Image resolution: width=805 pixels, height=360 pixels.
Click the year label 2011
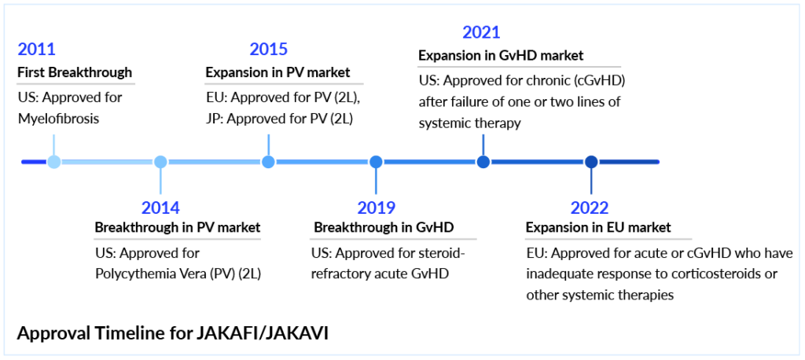pos(36,50)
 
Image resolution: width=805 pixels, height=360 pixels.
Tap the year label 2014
pos(160,208)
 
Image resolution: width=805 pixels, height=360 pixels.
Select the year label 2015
pos(269,50)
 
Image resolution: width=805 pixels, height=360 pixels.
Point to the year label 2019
pos(377,208)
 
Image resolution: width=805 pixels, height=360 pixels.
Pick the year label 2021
pos(481,33)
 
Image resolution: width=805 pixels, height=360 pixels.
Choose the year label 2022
pos(590,208)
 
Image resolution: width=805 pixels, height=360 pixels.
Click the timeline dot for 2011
pos(54,162)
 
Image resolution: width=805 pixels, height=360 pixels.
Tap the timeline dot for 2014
pos(160,162)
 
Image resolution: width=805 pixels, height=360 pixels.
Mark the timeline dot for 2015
pos(269,162)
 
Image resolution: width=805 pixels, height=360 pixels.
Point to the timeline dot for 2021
pos(483,162)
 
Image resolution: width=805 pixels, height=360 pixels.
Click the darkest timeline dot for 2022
pos(591,162)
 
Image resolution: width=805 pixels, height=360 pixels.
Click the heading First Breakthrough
pos(75,72)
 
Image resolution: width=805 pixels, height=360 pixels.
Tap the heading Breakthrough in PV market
pos(178,227)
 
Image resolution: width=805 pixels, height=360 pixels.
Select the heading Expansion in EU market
pos(598,227)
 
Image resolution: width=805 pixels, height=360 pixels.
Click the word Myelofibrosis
pos(58,119)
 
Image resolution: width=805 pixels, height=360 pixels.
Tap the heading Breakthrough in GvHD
pos(384,227)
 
